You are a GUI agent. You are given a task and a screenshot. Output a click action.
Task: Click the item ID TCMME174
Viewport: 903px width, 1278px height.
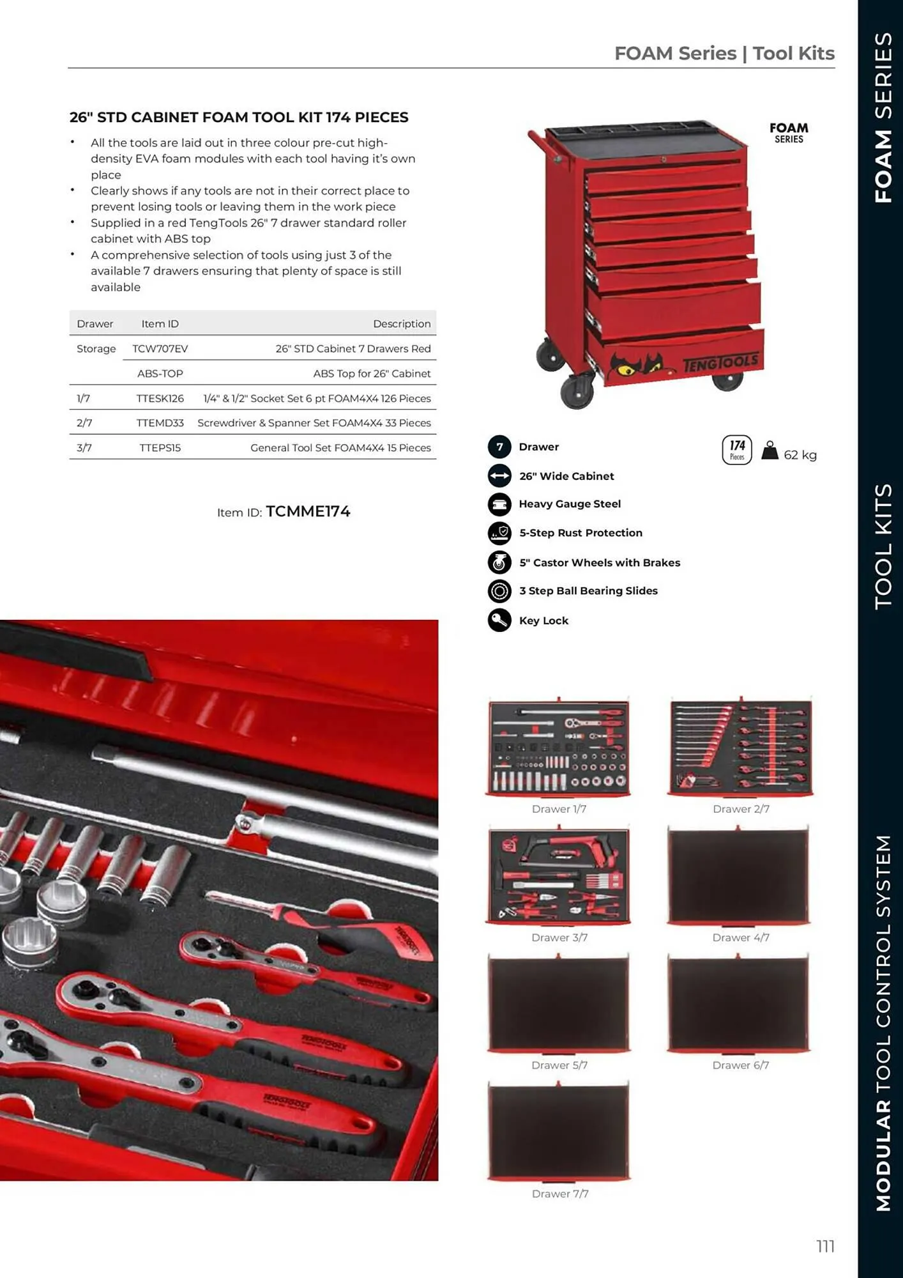click(308, 512)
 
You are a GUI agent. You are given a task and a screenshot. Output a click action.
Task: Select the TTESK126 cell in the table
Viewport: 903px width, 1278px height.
click(160, 398)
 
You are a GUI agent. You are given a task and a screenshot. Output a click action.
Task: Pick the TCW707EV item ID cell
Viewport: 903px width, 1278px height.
click(160, 348)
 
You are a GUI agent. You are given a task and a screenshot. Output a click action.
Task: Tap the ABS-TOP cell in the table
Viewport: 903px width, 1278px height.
click(160, 373)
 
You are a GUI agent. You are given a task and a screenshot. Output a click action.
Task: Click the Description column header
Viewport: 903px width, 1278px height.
click(402, 323)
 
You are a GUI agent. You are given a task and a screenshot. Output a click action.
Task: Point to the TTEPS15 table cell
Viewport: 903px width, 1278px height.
click(160, 448)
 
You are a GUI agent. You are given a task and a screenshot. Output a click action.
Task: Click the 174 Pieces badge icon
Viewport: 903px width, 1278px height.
click(737, 449)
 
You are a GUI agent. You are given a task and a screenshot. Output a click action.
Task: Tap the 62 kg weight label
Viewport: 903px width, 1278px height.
click(800, 455)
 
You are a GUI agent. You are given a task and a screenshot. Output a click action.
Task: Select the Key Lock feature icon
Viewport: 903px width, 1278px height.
click(499, 620)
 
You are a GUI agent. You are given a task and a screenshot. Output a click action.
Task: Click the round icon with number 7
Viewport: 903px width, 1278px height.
click(499, 447)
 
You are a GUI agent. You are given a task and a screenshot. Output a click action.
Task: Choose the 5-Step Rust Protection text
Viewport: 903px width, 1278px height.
click(580, 533)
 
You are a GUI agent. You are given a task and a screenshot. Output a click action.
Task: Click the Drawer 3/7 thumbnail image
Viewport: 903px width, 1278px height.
click(559, 875)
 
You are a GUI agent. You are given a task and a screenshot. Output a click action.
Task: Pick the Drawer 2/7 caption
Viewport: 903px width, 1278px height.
click(741, 809)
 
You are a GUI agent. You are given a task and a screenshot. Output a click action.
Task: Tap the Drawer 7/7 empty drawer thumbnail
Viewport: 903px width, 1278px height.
click(559, 1132)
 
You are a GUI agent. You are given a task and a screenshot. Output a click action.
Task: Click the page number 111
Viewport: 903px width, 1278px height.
click(825, 1246)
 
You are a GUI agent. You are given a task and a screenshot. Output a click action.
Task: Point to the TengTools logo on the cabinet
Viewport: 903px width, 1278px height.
click(720, 363)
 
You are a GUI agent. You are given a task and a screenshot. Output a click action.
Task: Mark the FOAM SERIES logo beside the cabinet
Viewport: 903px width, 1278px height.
click(789, 133)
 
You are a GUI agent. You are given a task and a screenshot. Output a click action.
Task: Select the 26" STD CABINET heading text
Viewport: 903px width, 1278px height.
click(239, 118)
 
